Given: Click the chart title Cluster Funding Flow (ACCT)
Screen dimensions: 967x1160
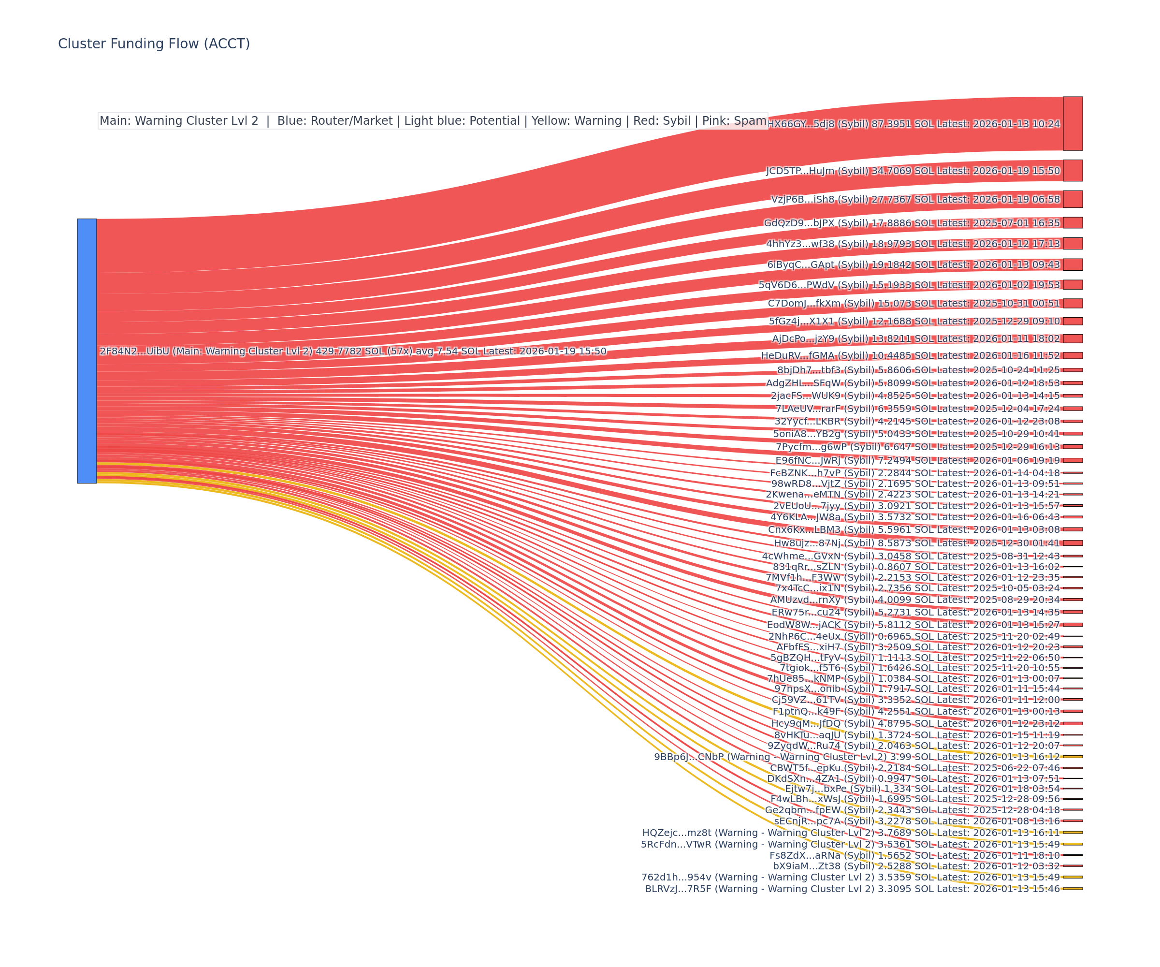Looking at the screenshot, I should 154,44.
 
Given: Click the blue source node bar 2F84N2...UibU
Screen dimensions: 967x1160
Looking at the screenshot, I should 87,351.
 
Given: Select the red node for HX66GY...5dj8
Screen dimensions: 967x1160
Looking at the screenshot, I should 1072,123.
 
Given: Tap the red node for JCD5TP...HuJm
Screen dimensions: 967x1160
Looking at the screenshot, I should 1072,170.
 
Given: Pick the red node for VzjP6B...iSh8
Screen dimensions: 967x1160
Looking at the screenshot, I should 1072,199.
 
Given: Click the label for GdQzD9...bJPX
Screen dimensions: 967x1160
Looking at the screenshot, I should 912,223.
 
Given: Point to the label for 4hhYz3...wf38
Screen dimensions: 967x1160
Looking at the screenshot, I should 913,244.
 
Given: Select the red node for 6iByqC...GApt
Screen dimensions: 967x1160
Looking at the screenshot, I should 1072,264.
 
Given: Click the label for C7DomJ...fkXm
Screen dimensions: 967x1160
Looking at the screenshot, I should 913,303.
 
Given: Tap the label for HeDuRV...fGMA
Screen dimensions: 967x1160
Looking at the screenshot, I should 910,355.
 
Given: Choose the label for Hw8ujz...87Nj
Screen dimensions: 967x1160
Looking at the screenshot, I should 916,543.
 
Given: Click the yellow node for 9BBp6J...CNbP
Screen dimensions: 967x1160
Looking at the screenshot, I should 1072,757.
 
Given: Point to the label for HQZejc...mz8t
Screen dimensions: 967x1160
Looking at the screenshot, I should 851,833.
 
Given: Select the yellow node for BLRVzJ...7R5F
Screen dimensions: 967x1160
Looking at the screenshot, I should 1072,889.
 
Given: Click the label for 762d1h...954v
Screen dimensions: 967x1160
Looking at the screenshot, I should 851,877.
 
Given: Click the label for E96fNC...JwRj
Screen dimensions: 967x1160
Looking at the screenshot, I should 917,460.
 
